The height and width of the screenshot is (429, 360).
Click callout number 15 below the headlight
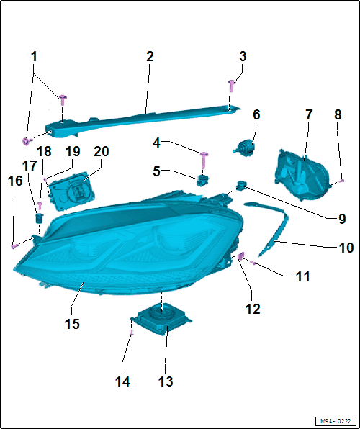point(72,324)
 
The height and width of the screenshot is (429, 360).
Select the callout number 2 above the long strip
point(150,57)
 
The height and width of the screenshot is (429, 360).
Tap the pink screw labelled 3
point(232,86)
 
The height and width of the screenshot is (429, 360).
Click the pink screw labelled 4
point(204,160)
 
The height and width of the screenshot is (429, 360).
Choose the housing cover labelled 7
point(302,174)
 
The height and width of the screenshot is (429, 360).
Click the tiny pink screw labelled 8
point(342,181)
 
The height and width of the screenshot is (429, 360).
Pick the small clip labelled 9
point(240,186)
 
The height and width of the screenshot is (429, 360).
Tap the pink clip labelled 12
point(240,256)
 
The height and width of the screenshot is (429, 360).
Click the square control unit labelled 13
point(161,318)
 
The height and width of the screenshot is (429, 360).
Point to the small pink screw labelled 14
point(132,333)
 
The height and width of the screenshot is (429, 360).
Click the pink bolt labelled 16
point(14,246)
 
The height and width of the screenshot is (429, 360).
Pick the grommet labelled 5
point(202,180)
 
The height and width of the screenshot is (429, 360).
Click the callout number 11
point(303,276)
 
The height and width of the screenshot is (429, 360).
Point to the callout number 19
point(72,151)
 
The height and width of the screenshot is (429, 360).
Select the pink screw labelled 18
point(40,206)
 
